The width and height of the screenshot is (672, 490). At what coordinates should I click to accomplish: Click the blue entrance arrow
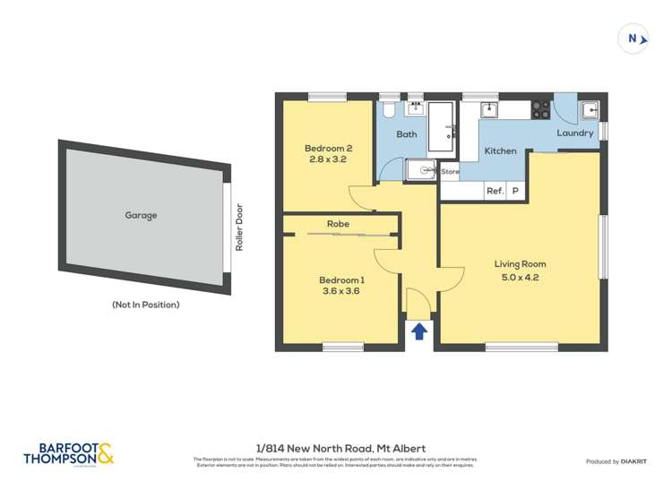click(x=418, y=331)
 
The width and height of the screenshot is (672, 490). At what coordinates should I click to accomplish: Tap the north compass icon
click(x=634, y=39)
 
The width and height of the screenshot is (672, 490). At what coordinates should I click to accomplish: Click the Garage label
click(x=141, y=215)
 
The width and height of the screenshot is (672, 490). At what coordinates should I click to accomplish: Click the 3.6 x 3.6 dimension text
click(x=340, y=290)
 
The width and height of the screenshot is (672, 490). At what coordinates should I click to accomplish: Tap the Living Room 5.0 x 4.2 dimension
click(x=520, y=278)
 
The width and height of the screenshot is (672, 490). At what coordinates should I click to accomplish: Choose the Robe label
click(x=338, y=224)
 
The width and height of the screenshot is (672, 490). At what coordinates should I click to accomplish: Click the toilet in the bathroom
click(x=387, y=110)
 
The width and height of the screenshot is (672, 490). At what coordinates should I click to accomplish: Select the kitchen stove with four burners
click(x=540, y=109)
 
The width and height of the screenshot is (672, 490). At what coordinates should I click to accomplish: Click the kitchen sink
click(x=489, y=110)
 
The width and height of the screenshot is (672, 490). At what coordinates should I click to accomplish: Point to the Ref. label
click(x=495, y=191)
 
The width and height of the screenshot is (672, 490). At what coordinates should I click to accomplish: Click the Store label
click(x=450, y=171)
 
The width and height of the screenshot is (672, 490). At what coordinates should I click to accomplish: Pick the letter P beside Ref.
click(x=515, y=191)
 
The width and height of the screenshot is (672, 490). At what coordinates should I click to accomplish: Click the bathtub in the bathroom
click(x=441, y=126)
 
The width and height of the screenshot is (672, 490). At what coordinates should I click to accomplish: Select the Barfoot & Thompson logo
click(x=69, y=453)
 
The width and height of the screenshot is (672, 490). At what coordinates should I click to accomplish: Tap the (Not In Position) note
click(x=145, y=305)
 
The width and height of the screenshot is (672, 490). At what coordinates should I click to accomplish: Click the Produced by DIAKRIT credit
click(x=617, y=461)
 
